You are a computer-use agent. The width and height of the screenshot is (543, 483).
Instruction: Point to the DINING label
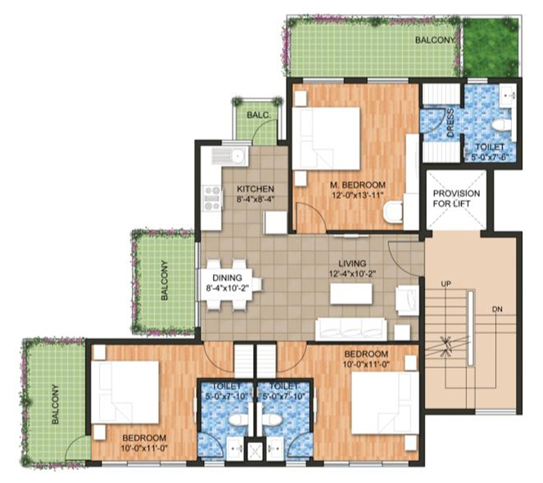pyautogui.click(x=225, y=278)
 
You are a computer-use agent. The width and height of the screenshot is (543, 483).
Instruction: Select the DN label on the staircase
pyautogui.click(x=497, y=309)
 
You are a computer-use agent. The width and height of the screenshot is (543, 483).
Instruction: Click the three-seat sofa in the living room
pyautogui.click(x=351, y=328)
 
